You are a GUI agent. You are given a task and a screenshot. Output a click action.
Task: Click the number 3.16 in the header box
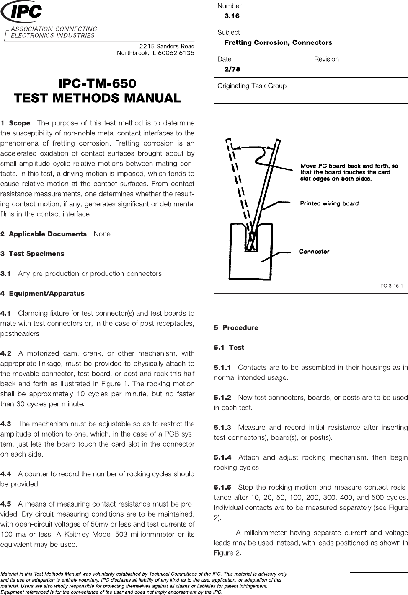[x=232, y=16]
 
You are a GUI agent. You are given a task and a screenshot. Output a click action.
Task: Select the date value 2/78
[x=232, y=69]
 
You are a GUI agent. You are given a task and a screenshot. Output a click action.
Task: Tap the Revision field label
[x=326, y=59]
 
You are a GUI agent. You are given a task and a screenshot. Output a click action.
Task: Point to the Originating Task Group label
[x=252, y=86]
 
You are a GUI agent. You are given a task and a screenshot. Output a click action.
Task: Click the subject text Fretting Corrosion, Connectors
[x=278, y=43]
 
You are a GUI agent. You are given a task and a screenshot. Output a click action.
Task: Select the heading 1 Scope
[x=15, y=123]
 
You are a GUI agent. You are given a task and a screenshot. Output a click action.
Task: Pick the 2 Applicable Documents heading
[x=44, y=234]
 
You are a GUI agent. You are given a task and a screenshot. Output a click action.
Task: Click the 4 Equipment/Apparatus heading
[x=42, y=294]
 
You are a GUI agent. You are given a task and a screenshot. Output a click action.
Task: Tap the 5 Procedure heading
[x=236, y=328]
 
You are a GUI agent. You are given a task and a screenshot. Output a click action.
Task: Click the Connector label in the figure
[x=314, y=252]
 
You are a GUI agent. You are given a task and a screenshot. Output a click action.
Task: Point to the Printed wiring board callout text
[x=329, y=204]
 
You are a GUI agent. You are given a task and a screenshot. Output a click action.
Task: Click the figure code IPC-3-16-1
[x=390, y=286]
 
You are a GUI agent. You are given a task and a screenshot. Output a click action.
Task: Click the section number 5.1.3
[x=222, y=428]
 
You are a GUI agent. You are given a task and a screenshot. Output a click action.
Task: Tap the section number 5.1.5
[x=222, y=488]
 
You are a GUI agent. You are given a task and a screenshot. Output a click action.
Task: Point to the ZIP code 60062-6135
[x=174, y=53]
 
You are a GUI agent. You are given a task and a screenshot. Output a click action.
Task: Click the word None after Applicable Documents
[x=102, y=234]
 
